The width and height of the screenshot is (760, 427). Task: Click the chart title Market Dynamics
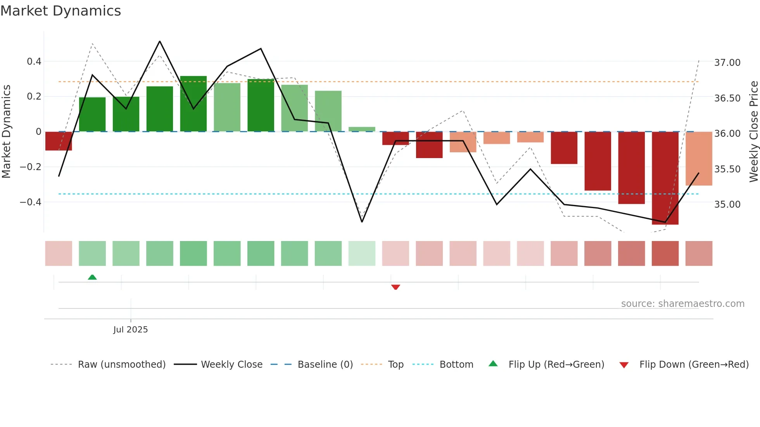click(x=60, y=11)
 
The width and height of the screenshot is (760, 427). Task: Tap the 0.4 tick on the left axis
click(x=34, y=62)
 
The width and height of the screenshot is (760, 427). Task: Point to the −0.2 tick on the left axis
click(x=31, y=167)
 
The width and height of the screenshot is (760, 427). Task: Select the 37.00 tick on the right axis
click(x=727, y=63)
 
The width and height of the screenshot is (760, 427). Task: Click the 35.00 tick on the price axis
click(x=727, y=205)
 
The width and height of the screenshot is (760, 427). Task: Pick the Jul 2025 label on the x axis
click(x=131, y=330)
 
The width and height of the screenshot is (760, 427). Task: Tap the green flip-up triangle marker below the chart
click(x=92, y=277)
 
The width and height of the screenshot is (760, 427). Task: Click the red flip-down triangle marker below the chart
click(x=396, y=287)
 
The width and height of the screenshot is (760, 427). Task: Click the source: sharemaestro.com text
click(x=682, y=304)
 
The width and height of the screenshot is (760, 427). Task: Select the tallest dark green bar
click(x=193, y=104)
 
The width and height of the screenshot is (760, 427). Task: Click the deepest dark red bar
click(x=665, y=178)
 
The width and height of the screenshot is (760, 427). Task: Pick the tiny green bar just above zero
click(x=362, y=129)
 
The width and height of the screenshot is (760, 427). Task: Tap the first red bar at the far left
click(x=59, y=141)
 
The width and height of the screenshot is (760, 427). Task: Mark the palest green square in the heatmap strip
click(x=362, y=253)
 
